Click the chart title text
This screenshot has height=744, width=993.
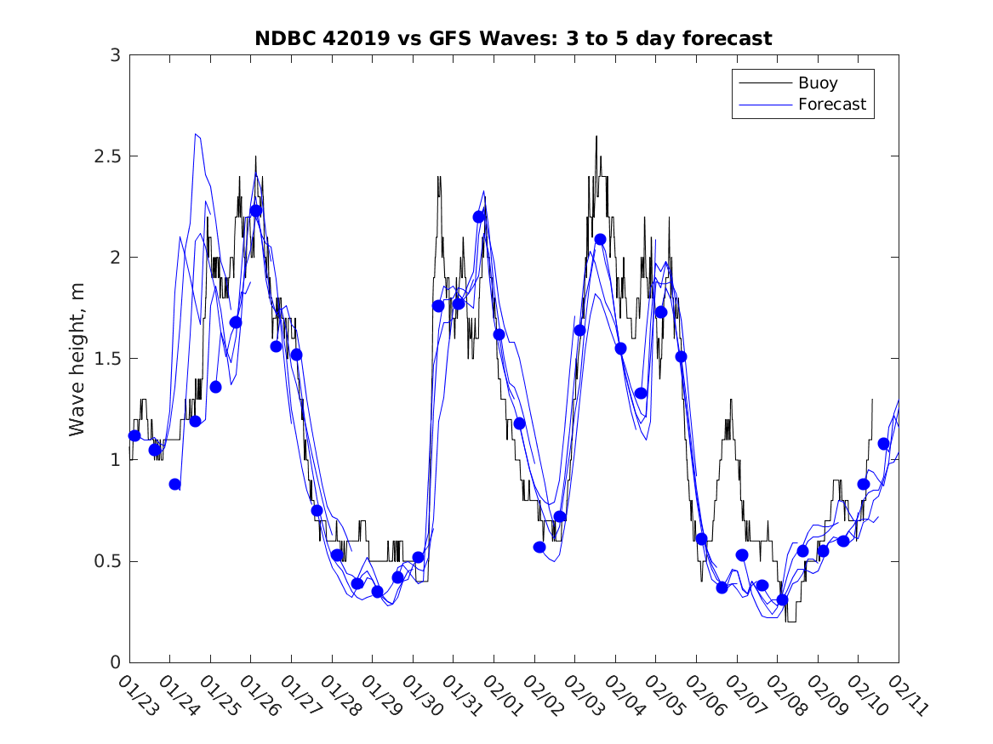pyautogui.click(x=513, y=39)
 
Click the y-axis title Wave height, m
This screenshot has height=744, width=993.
pyautogui.click(x=77, y=358)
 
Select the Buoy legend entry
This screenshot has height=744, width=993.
pyautogui.click(x=817, y=83)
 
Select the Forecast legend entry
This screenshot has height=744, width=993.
pyautogui.click(x=831, y=105)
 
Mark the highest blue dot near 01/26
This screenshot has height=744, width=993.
pyautogui.click(x=256, y=211)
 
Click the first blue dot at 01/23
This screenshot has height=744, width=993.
pyautogui.click(x=134, y=435)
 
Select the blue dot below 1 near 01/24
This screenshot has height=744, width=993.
pyautogui.click(x=175, y=484)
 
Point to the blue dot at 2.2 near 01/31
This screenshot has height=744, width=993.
pyautogui.click(x=479, y=217)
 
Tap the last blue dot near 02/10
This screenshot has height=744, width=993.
pyautogui.click(x=884, y=444)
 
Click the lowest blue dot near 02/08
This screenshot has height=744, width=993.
pyautogui.click(x=783, y=599)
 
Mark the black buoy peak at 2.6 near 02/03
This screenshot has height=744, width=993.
pyautogui.click(x=596, y=136)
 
